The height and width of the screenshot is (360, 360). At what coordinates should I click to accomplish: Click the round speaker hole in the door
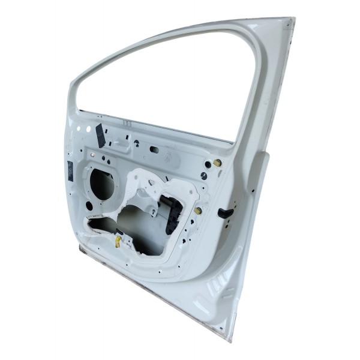(x=102, y=184)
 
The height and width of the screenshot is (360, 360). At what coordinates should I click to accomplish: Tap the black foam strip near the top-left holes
(x=100, y=136)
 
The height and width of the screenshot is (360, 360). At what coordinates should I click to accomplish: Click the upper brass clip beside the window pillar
(x=217, y=163)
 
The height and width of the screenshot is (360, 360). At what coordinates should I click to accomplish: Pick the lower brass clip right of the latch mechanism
(x=198, y=211)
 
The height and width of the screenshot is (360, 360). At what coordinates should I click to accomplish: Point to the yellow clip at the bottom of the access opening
(x=118, y=241)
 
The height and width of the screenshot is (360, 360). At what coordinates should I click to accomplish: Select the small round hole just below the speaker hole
(x=89, y=206)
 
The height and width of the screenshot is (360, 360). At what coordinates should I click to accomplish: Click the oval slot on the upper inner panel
(x=154, y=149)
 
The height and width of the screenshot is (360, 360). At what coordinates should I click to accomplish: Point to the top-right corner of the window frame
(x=292, y=22)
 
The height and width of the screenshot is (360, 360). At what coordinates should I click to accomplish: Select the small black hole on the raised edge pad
(x=253, y=191)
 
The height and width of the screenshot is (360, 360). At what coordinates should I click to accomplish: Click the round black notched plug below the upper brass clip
(x=204, y=176)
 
